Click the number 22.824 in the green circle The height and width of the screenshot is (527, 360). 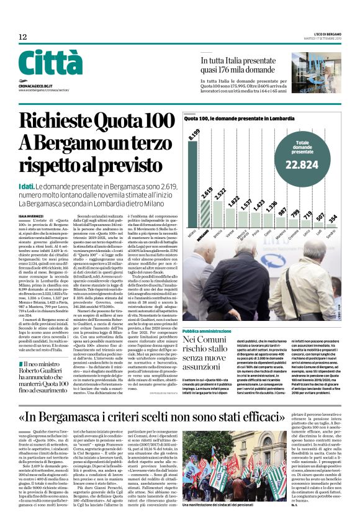[x=302, y=164]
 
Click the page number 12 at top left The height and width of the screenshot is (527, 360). [x=23, y=38]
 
